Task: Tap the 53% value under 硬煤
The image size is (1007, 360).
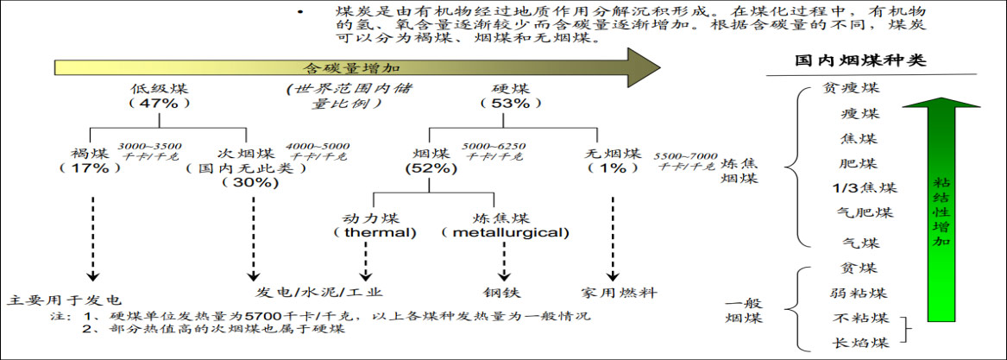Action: click(510, 103)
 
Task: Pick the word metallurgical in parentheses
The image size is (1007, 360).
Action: click(506, 232)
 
